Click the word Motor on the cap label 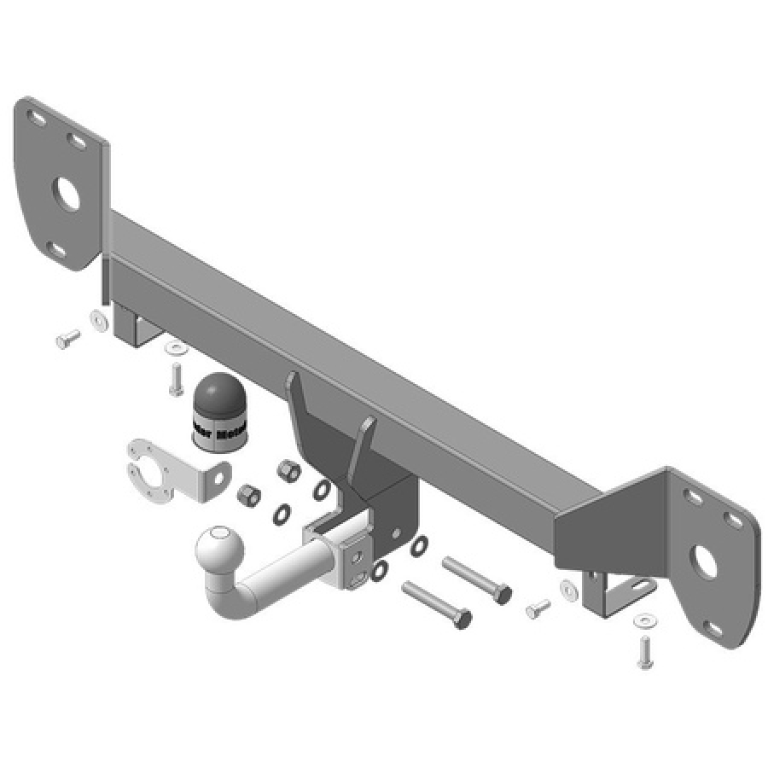232,434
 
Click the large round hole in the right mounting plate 705,560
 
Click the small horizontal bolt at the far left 67,340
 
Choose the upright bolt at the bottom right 644,651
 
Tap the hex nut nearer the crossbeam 288,470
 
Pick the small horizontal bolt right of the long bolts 538,608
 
